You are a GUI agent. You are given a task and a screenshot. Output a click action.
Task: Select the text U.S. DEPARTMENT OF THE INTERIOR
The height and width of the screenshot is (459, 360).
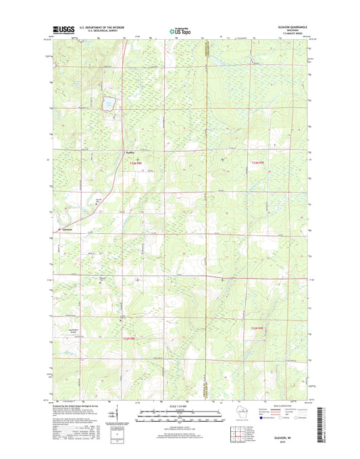click(x=101, y=28)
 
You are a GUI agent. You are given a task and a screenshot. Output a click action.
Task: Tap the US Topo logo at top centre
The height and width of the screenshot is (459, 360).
click(x=180, y=30)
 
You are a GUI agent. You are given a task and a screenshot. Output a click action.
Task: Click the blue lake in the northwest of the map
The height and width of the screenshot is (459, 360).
click(x=107, y=104)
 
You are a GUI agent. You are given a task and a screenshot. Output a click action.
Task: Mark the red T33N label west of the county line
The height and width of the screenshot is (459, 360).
click(x=137, y=163)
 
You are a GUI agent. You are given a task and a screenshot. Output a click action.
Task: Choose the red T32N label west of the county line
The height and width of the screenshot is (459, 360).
click(x=129, y=338)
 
